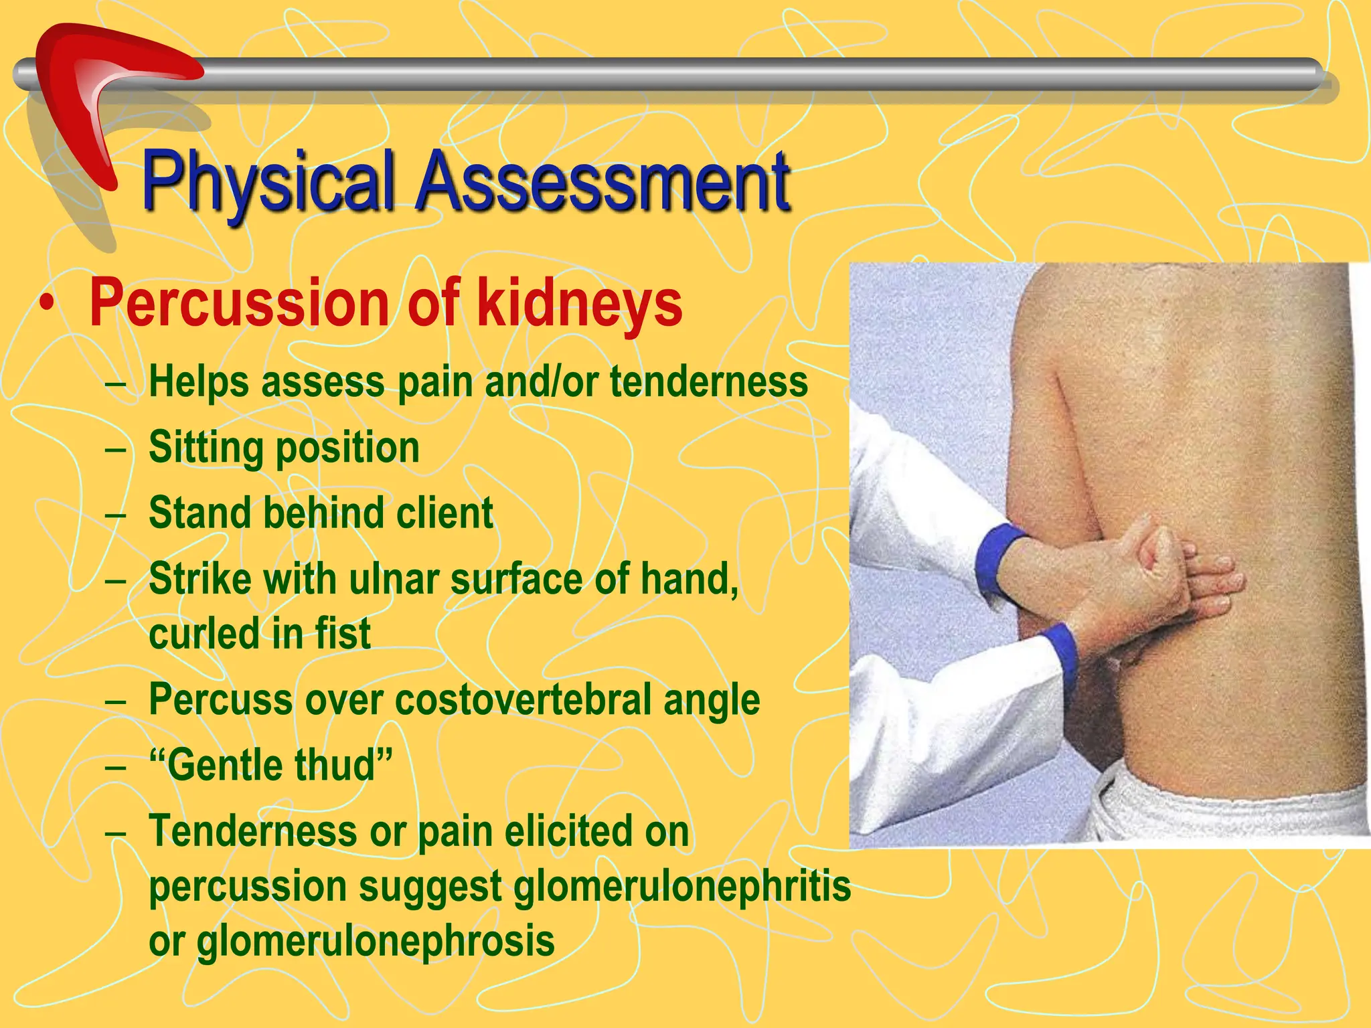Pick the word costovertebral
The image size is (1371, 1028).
point(523,699)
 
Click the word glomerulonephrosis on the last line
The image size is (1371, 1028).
point(376,940)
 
